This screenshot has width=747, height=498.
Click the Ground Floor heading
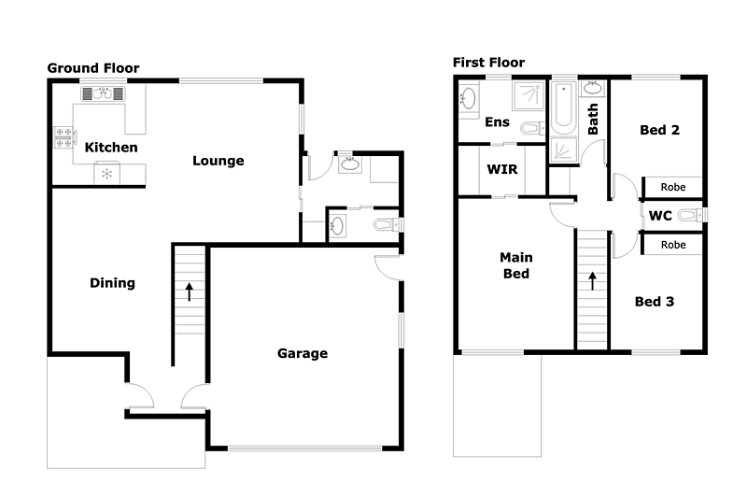(93, 68)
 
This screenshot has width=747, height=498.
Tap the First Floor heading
(488, 63)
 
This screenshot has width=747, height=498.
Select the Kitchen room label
(111, 148)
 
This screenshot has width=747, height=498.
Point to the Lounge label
(218, 161)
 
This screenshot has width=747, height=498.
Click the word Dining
(112, 283)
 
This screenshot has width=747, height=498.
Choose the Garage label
(303, 353)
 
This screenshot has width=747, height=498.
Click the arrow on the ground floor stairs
(190, 292)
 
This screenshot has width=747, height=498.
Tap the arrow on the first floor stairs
(592, 279)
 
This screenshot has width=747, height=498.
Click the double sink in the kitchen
(103, 92)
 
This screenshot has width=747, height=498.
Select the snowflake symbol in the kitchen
(106, 173)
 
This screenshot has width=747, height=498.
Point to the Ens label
(497, 122)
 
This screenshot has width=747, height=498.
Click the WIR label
(502, 170)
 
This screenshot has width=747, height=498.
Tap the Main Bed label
(515, 265)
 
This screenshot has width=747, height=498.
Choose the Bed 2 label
(659, 130)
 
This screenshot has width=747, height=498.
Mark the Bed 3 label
(655, 302)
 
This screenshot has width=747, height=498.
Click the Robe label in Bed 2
(673, 187)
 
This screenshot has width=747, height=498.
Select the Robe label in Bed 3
(673, 245)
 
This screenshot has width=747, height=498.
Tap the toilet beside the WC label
(689, 216)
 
